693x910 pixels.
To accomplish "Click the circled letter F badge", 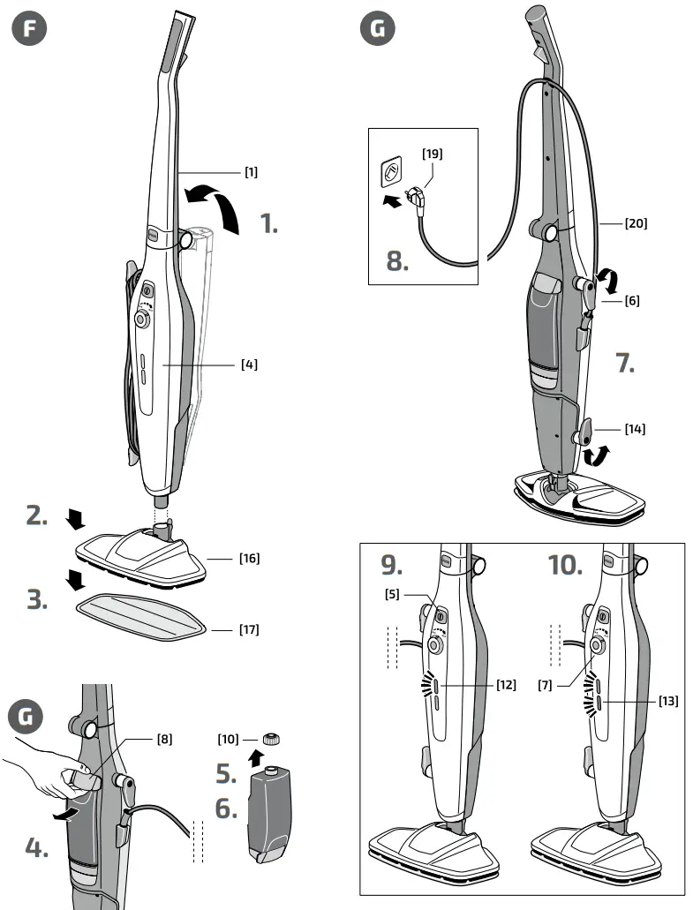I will [30, 28].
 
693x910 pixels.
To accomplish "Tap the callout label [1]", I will [252, 172].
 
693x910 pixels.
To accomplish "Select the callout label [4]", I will [250, 363].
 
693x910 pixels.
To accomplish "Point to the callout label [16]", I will [250, 559].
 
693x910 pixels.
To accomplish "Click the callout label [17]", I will [250, 629].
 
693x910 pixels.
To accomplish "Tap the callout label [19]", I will [433, 153].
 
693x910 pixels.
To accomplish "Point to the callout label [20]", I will [636, 223].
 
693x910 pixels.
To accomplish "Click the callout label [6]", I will [632, 301].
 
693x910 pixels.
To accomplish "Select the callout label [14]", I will [634, 429].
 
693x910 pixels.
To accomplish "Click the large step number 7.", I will [625, 363].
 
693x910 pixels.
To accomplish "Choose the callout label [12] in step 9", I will [506, 686].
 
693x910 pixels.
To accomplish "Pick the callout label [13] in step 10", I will [668, 700].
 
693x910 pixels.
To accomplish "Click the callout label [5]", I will [394, 594].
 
